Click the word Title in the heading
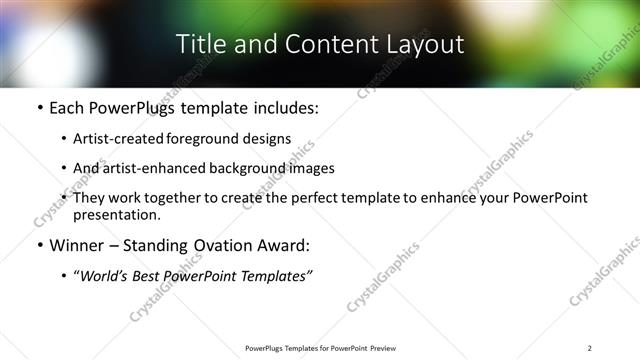[199, 44]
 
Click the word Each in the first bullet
[67, 107]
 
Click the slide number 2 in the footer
[589, 348]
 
